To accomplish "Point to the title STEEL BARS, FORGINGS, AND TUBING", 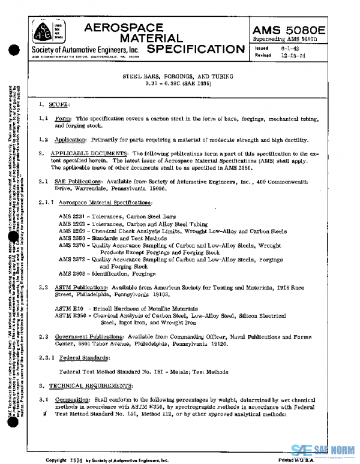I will click(x=178, y=77).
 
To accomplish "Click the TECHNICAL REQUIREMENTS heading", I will click(x=91, y=385).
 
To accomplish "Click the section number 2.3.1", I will click(x=46, y=358).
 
